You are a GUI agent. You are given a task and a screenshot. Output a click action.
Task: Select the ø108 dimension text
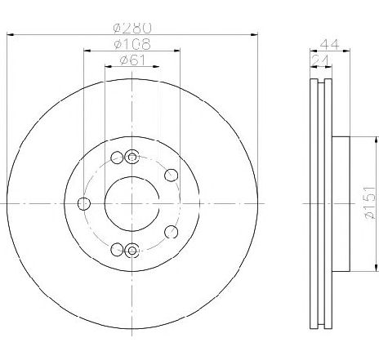pyautogui.click(x=132, y=42)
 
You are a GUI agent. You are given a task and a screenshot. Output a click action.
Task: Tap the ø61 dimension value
pyautogui.click(x=132, y=59)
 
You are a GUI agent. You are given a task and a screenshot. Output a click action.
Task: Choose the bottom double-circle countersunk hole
pyautogui.click(x=132, y=249)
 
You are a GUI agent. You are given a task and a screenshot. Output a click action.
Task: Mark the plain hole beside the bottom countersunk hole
pyautogui.click(x=117, y=249)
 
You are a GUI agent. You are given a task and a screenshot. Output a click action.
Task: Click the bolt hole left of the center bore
pyautogui.click(x=82, y=203)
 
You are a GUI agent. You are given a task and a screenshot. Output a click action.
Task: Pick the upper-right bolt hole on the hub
pyautogui.click(x=170, y=174)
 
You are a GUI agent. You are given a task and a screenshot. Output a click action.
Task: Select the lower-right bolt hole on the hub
pyautogui.click(x=170, y=232)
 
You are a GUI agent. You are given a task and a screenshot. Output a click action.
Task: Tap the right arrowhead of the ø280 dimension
pyautogui.click(x=254, y=33)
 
